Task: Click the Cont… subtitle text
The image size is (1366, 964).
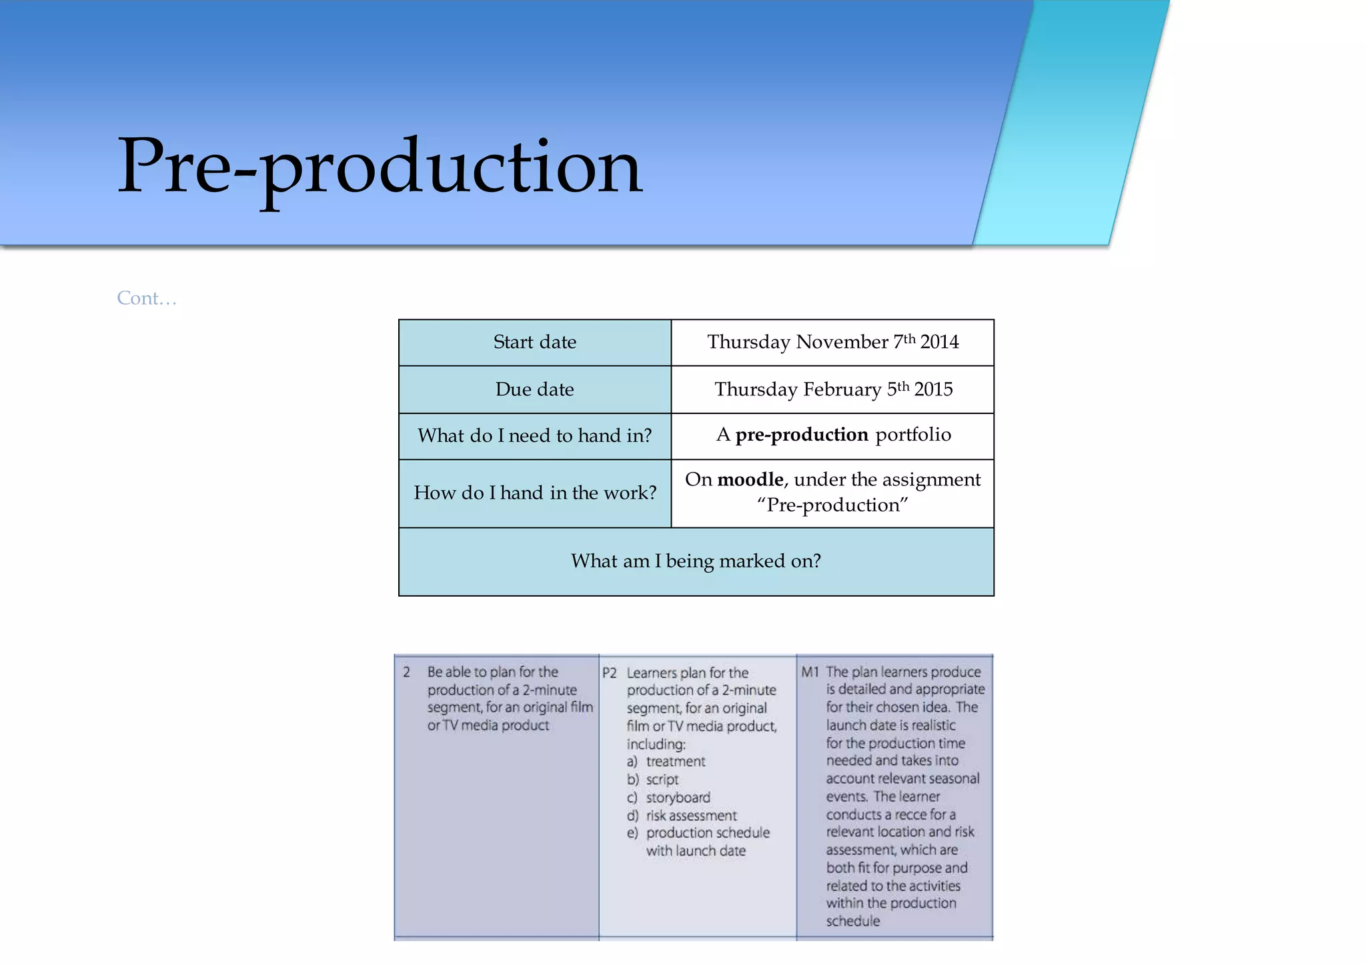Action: click(x=147, y=298)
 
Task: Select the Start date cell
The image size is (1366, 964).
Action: click(x=534, y=342)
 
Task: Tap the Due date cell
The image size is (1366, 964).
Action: click(x=534, y=389)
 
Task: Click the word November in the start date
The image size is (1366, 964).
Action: click(x=842, y=342)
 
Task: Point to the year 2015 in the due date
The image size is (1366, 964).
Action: click(x=933, y=389)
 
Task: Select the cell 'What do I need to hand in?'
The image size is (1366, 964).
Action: click(x=534, y=436)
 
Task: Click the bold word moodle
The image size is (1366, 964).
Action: click(x=750, y=479)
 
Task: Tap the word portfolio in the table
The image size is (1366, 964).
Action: click(x=912, y=435)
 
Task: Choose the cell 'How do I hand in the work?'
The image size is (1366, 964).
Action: click(x=534, y=493)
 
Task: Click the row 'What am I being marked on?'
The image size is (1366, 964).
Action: click(x=696, y=561)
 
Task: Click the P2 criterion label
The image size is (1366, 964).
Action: click(x=609, y=673)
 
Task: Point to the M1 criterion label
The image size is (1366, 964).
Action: click(x=809, y=672)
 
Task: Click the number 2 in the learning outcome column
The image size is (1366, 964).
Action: click(x=406, y=672)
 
